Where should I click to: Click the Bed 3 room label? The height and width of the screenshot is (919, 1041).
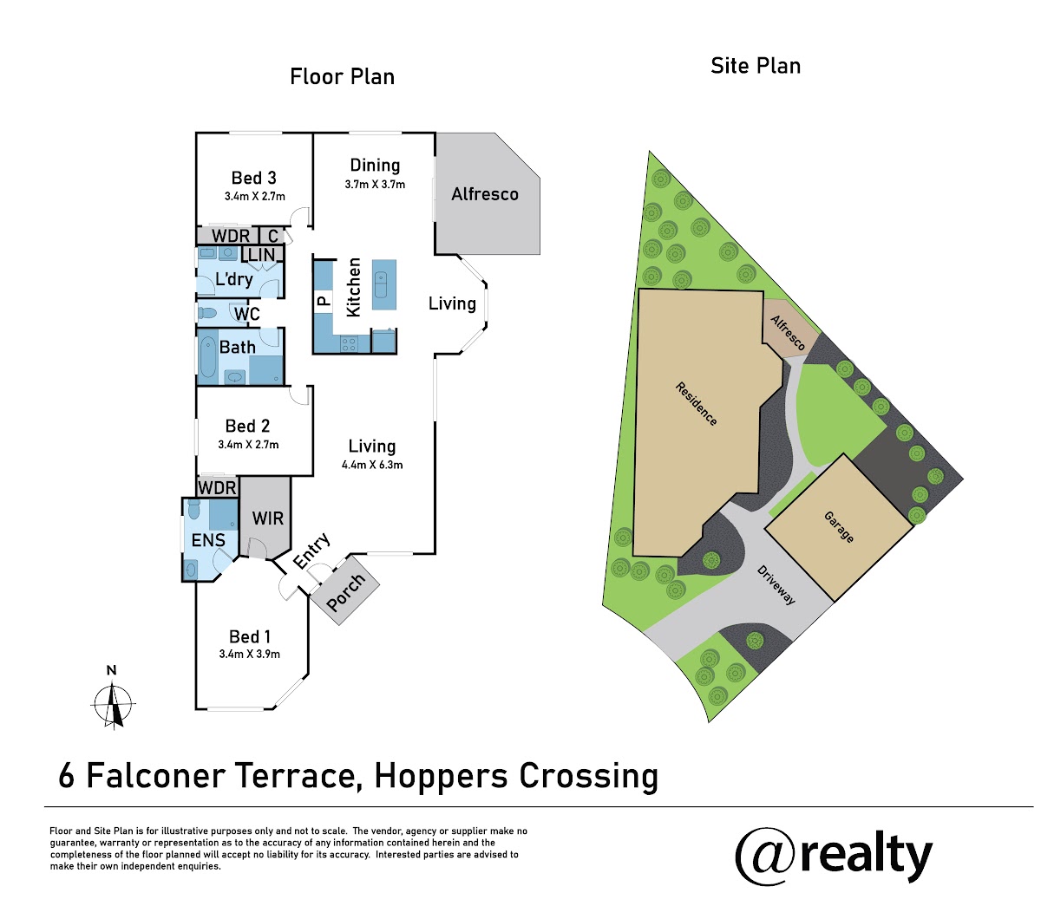click(254, 178)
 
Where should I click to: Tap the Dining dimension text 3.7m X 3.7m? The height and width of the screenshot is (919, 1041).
click(375, 185)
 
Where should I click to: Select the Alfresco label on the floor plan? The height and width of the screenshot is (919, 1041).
click(485, 194)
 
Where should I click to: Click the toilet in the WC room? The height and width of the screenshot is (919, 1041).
click(208, 313)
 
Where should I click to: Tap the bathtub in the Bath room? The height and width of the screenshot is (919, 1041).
click(208, 356)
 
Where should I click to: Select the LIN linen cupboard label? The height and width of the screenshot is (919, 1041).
click(261, 254)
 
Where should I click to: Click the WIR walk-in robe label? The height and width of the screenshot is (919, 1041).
click(268, 518)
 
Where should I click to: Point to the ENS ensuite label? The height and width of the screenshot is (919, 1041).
click(208, 540)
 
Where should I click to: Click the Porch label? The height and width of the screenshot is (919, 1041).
click(346, 592)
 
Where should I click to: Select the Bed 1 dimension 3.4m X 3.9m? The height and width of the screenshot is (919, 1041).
click(249, 654)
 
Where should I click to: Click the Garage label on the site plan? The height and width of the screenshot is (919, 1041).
click(839, 526)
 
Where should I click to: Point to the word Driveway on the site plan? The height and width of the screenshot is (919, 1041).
click(776, 585)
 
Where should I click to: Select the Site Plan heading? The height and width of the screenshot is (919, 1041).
click(756, 66)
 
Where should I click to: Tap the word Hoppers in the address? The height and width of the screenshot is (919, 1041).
click(442, 777)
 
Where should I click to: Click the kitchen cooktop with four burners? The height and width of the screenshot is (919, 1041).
click(349, 343)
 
